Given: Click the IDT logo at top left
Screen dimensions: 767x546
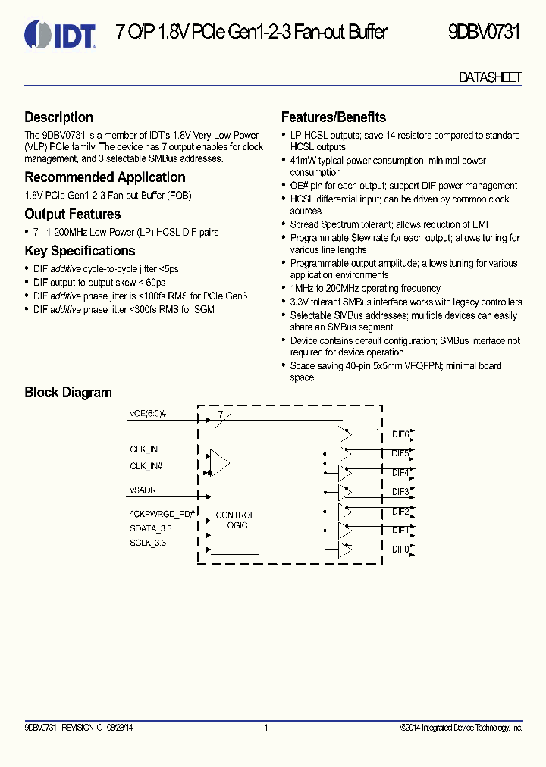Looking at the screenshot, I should click(60, 33).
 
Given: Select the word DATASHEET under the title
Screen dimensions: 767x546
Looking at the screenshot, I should click(490, 77).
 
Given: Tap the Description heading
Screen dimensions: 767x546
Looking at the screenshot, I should click(59, 117).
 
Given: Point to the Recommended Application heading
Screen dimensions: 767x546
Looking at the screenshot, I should click(105, 177).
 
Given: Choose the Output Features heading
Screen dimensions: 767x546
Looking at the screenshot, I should click(73, 214).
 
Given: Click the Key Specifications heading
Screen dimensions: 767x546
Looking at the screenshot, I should click(80, 251).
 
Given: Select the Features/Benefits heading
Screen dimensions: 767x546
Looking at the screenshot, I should click(334, 117).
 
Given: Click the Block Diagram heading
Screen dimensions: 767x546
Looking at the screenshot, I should click(68, 393).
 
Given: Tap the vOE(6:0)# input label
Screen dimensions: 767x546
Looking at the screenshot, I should click(148, 415).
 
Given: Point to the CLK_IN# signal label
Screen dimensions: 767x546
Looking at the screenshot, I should click(146, 466).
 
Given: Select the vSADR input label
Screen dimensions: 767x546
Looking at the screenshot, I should click(143, 490).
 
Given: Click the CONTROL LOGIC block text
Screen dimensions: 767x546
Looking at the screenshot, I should click(235, 520).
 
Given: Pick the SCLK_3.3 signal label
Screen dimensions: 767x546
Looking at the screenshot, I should click(148, 543).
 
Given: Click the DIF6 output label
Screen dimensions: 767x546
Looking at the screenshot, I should click(400, 434).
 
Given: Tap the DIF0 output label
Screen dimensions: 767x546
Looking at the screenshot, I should click(400, 549).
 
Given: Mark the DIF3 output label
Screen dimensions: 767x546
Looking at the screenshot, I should click(400, 492).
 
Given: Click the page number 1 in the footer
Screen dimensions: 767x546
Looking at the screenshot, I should click(266, 728).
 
